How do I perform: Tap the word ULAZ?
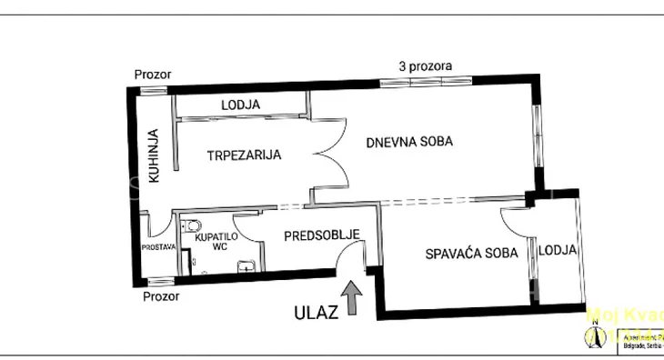(x=316, y=312)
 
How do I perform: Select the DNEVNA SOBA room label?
(x=409, y=142)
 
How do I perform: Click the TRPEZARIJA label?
(x=243, y=155)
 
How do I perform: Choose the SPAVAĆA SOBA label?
(x=472, y=253)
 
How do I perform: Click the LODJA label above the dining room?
(x=240, y=105)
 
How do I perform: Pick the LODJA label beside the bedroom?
(x=556, y=251)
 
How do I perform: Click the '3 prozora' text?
(x=426, y=66)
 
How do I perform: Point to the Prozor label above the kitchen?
(x=152, y=75)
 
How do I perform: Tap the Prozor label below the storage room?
(x=160, y=295)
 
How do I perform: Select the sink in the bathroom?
(x=246, y=266)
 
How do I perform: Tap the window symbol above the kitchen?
(x=152, y=88)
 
